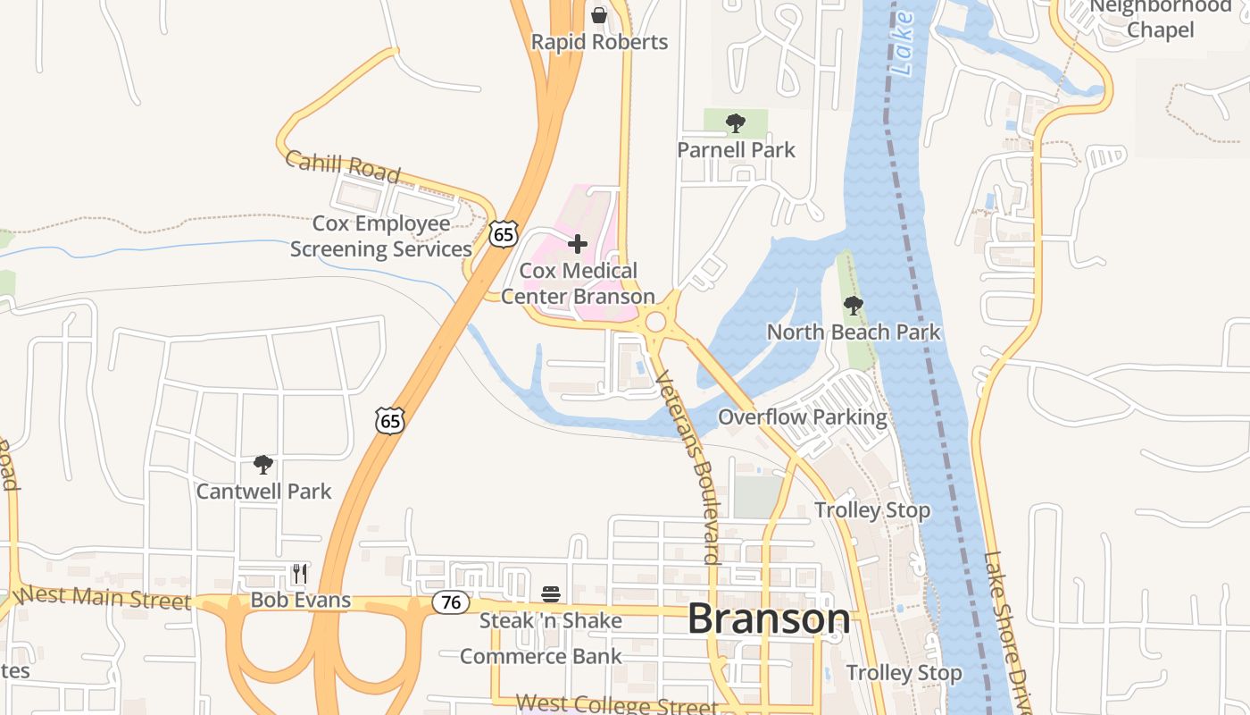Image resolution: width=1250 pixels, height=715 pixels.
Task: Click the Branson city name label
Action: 769,618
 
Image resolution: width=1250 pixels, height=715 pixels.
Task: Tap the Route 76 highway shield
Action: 451,602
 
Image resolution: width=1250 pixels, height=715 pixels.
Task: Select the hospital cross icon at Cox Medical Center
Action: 578,243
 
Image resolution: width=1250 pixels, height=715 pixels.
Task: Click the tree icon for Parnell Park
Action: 736,123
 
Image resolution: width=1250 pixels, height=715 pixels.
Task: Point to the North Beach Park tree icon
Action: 854,306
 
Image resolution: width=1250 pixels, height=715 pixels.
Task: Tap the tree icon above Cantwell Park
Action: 262,464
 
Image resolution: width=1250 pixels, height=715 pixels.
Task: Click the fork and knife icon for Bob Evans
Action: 300,573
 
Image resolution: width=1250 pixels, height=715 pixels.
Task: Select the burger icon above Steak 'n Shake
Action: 550,594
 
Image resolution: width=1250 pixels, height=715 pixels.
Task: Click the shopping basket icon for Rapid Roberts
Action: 599,15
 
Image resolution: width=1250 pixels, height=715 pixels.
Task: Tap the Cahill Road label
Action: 343,166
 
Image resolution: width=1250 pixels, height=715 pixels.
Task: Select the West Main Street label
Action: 104,596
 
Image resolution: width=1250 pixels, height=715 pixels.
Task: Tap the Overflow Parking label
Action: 803,417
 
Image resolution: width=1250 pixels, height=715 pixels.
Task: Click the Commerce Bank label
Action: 541,657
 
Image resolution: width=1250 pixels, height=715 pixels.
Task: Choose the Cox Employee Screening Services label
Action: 381,236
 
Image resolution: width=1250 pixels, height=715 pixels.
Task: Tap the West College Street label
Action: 616,705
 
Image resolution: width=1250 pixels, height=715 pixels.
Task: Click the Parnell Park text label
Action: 736,149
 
